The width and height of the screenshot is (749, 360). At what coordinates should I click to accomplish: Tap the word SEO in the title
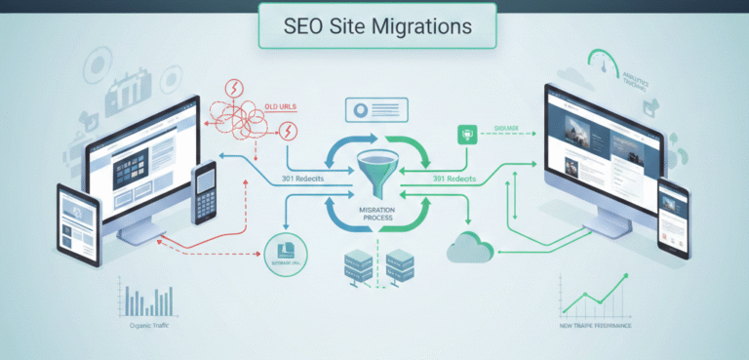pos(301,24)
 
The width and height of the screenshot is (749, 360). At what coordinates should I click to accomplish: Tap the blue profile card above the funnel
pos(374,110)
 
